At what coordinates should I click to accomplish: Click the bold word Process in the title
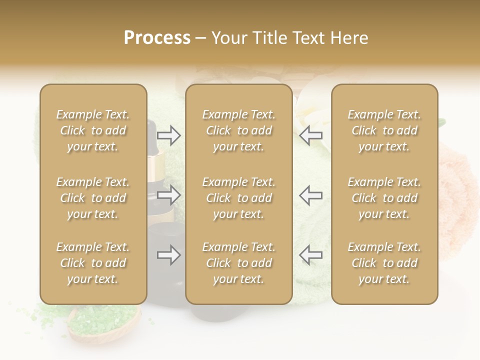pos(157,38)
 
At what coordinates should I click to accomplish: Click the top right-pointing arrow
pos(169,135)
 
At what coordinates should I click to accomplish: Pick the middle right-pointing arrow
pos(169,195)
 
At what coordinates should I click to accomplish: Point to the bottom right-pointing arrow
pos(169,255)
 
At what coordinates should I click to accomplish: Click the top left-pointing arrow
pos(311,135)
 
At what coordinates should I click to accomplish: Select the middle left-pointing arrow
pos(311,195)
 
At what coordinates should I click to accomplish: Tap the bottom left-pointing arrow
pos(311,255)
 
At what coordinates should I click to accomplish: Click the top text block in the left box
pos(93,130)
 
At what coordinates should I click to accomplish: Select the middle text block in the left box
pos(93,198)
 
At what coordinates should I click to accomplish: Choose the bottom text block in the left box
pos(93,263)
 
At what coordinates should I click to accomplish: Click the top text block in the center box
pos(239,130)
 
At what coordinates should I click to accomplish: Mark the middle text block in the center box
pos(239,198)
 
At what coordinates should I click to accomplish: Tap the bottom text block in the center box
pos(239,263)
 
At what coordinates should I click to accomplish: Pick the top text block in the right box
pos(384,130)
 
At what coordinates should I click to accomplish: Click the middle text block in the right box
pos(384,198)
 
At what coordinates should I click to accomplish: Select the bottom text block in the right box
pos(384,263)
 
